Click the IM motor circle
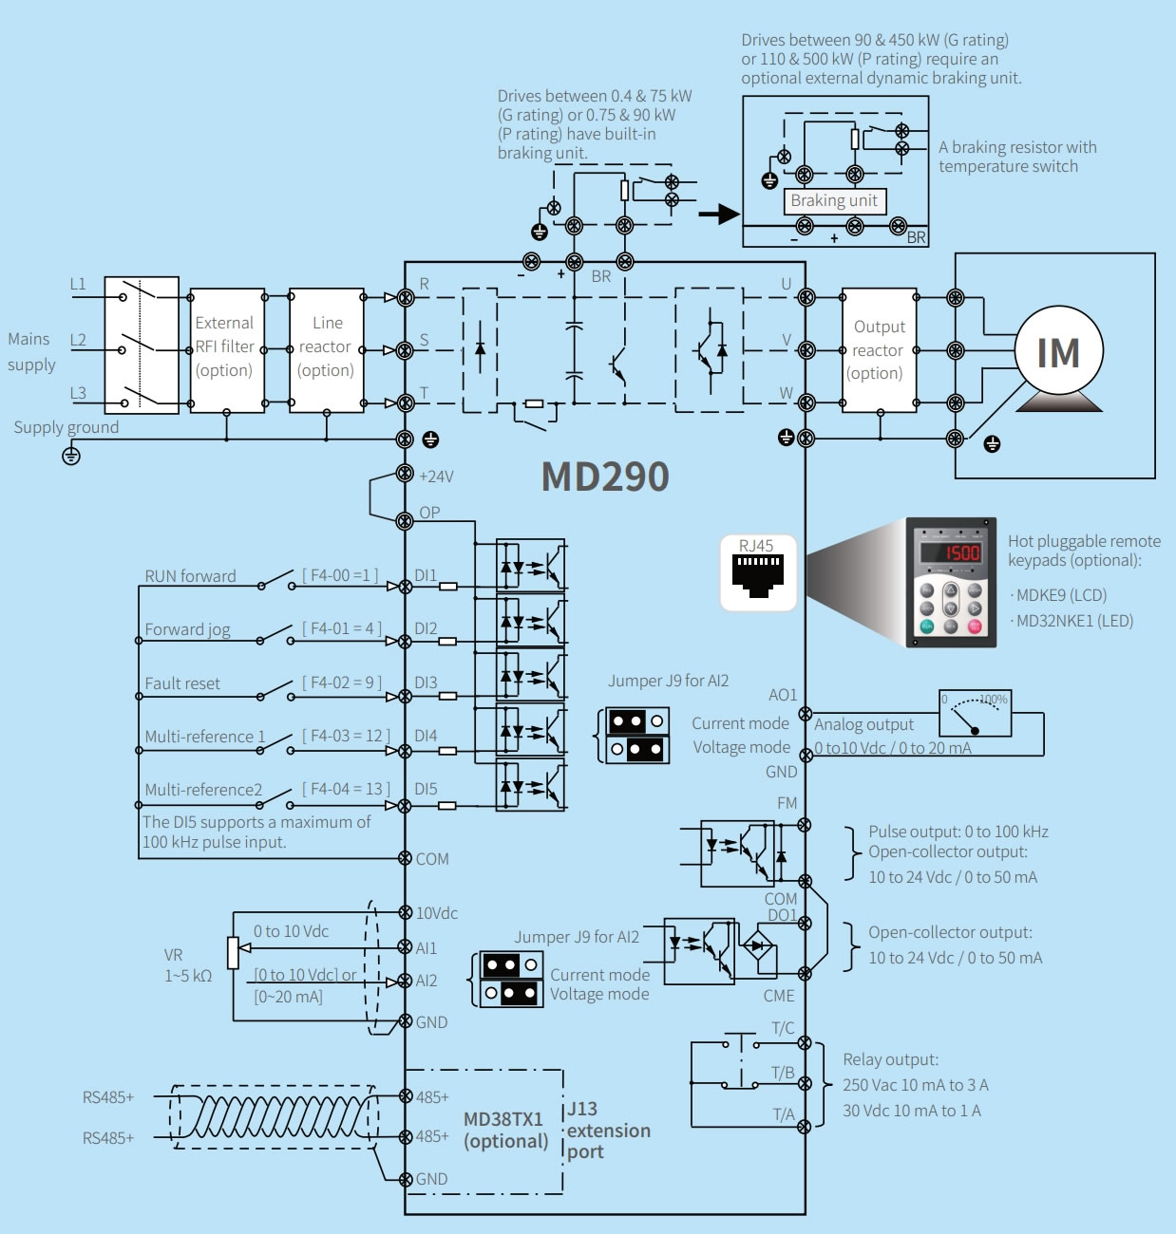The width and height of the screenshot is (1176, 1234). pos(1058,351)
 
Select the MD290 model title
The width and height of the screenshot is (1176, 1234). pos(605,477)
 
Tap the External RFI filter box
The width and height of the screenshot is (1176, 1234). pos(227,349)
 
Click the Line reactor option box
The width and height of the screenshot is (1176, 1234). pos(326,349)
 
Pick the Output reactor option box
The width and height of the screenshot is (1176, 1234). pos(879,349)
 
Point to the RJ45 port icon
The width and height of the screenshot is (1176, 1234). pos(757,573)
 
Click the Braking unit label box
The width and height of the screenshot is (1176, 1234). pos(834,201)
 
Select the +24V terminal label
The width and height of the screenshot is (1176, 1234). pos(436,477)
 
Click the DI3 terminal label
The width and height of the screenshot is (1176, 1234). pos(426,683)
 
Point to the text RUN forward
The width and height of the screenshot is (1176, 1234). pos(190,576)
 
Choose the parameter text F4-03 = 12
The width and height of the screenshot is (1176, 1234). pos(346,736)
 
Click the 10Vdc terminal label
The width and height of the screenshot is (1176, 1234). pos(437,913)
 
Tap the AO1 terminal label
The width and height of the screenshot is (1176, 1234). pos(783,696)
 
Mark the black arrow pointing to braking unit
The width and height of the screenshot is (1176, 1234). pos(718,214)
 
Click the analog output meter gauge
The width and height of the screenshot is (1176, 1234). pos(976,714)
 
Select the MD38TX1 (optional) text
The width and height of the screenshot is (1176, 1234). pos(504,1131)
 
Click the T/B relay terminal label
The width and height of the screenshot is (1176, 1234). pos(783,1073)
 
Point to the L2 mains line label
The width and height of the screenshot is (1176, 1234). pos(78,340)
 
